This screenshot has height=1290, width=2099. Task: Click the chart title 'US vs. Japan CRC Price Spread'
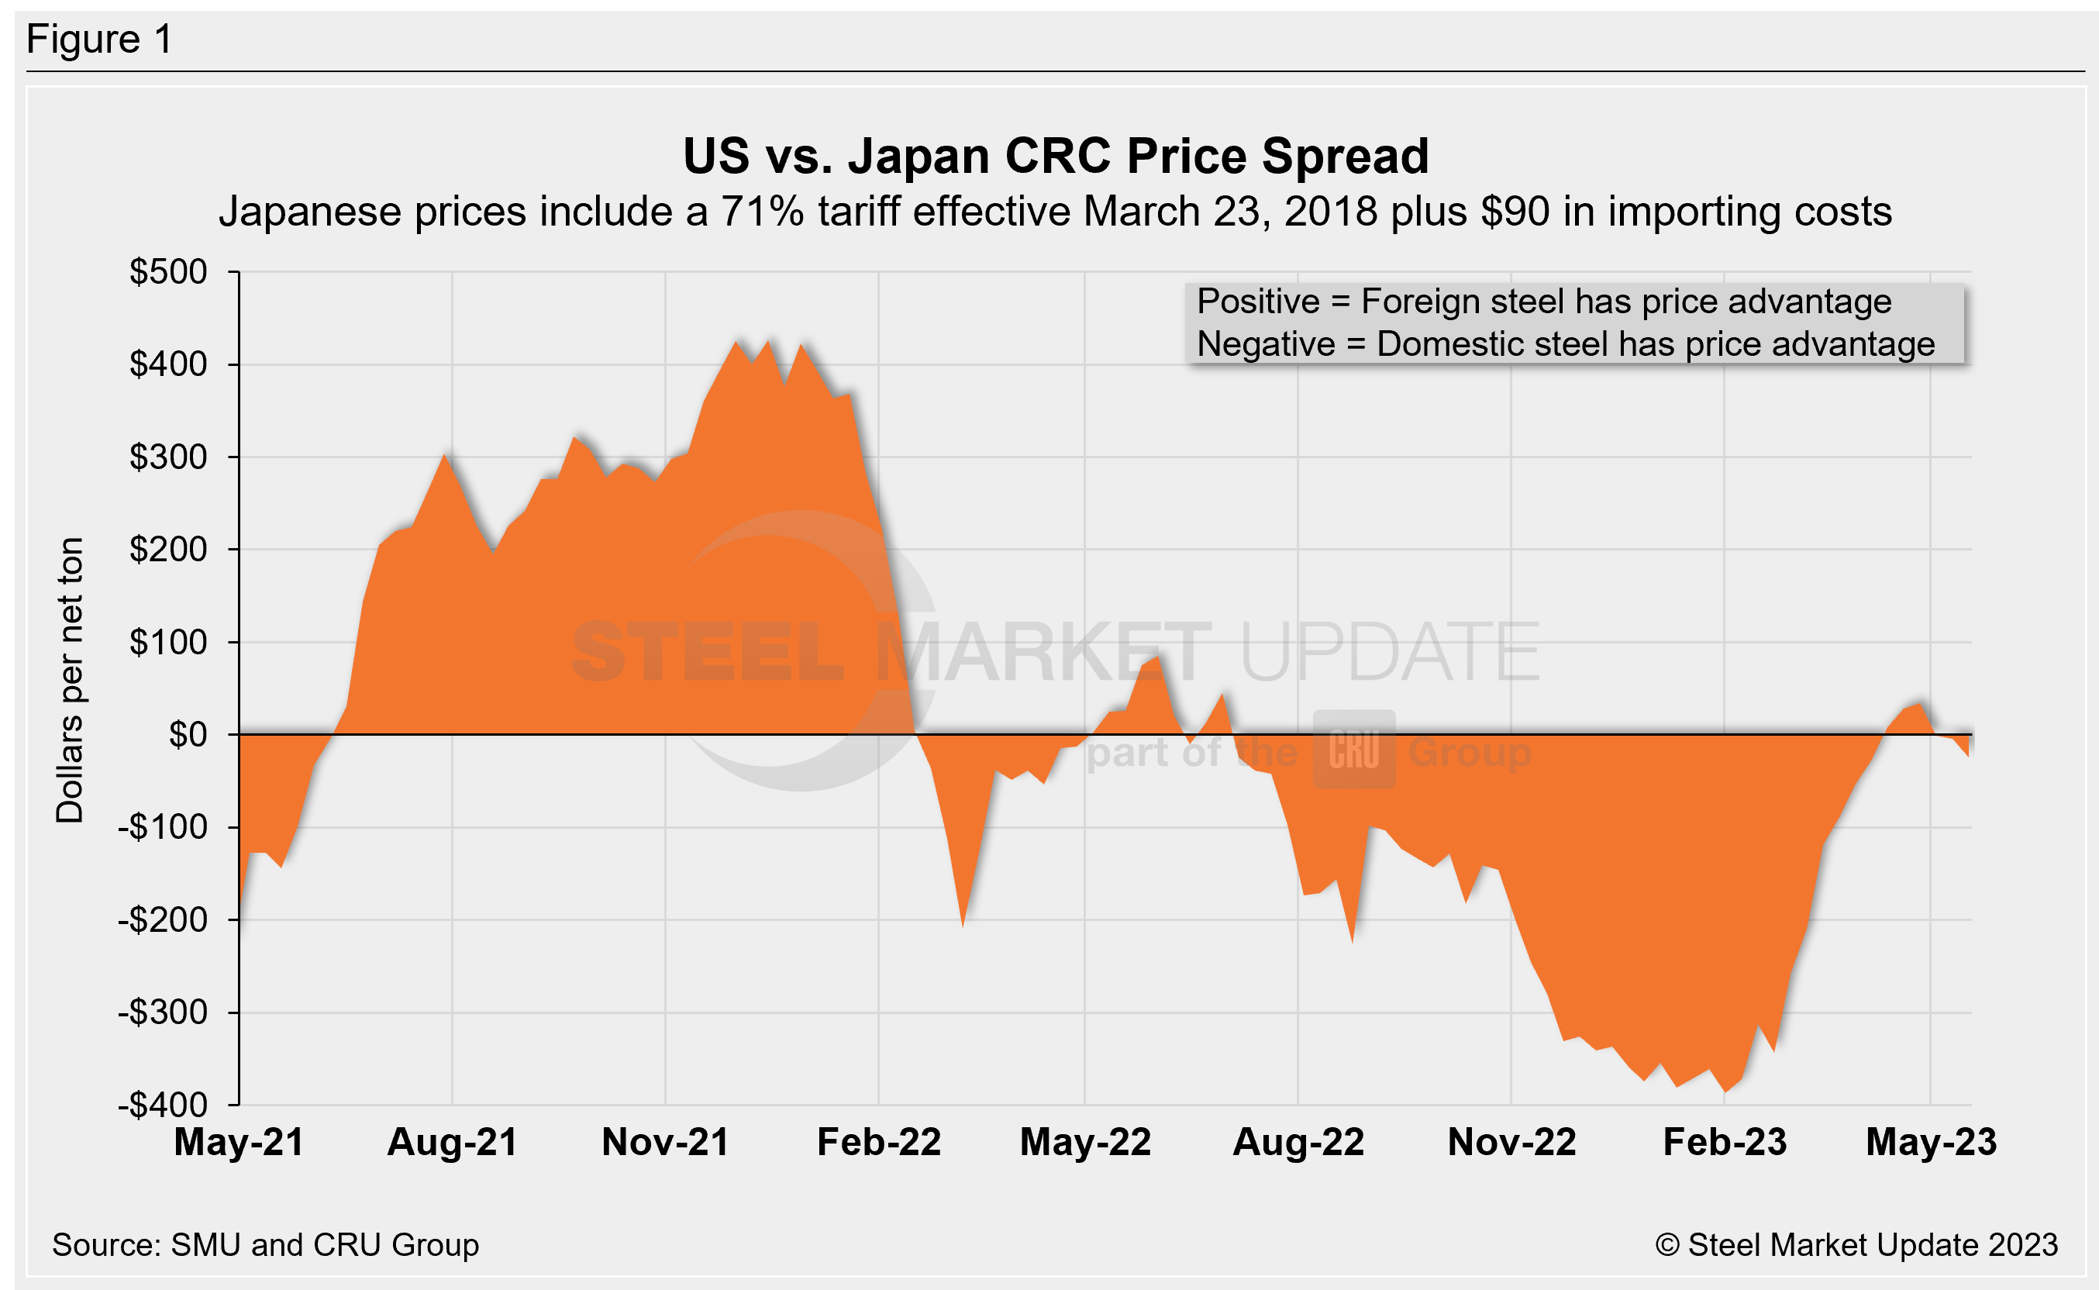click(1055, 156)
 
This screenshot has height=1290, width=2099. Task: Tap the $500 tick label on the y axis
click(168, 272)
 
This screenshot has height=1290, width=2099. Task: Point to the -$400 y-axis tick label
click(163, 1105)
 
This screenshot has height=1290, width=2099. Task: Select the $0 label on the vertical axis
click(188, 735)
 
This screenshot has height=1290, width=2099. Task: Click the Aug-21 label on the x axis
click(452, 1143)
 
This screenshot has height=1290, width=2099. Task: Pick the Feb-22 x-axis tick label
click(878, 1143)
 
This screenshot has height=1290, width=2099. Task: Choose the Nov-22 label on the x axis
click(1511, 1143)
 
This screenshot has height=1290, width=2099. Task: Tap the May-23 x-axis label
click(1931, 1143)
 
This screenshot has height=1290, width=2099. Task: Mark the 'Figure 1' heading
click(100, 40)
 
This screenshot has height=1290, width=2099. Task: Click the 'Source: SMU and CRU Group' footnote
click(265, 1245)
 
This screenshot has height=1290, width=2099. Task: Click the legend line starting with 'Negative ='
click(1566, 345)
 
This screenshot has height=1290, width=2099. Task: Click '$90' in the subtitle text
click(1515, 212)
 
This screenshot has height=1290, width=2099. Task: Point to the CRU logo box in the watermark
click(1353, 749)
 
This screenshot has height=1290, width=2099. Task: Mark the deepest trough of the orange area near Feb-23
click(1725, 1092)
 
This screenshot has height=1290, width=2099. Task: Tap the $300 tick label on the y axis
click(168, 457)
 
